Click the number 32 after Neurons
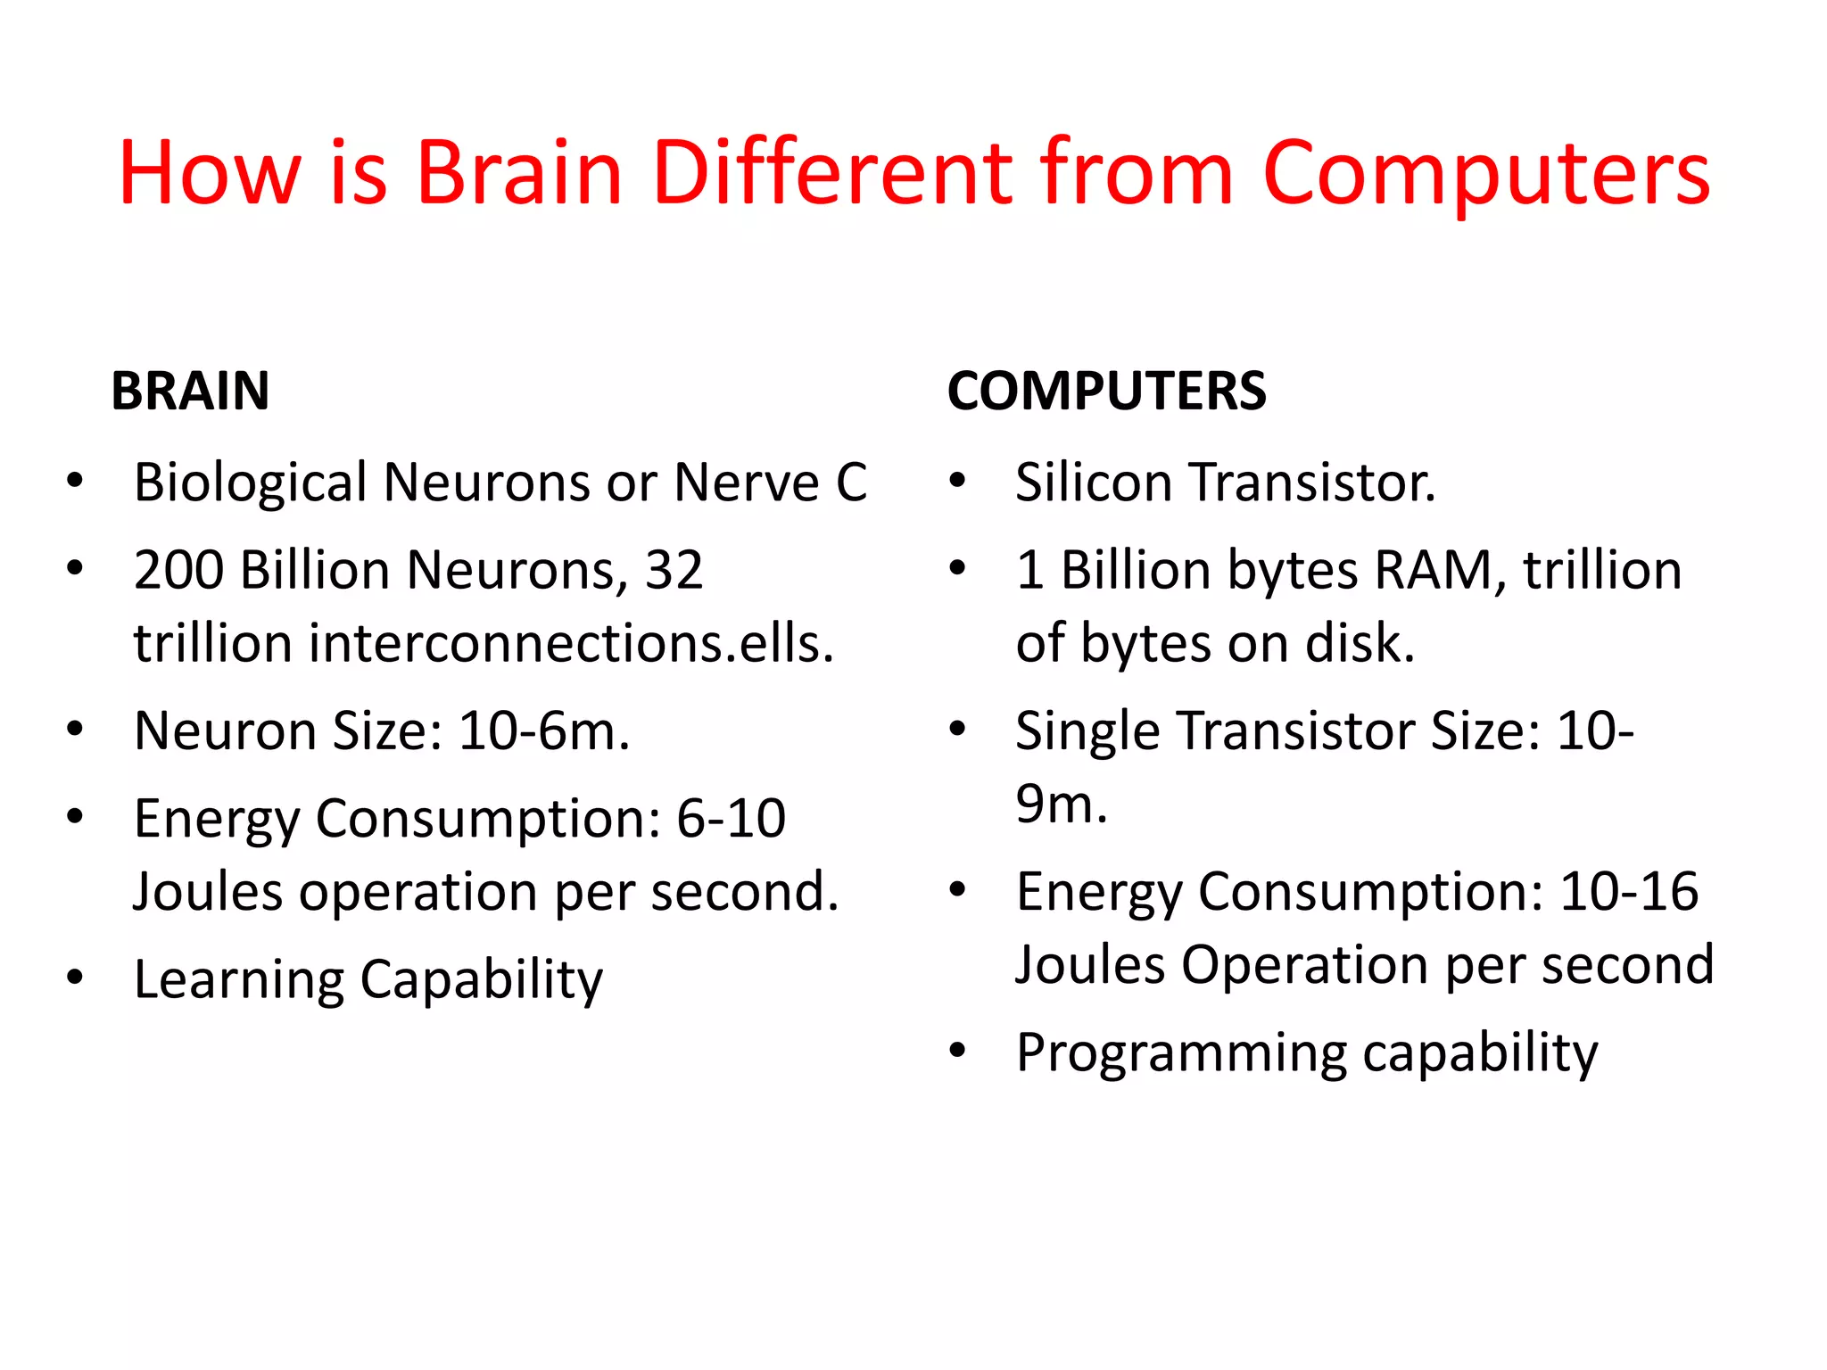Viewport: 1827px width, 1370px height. [x=674, y=570]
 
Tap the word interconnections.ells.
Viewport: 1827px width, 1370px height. [x=571, y=643]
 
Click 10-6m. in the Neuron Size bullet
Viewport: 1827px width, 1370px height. [x=544, y=731]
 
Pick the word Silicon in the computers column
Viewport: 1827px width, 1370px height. [x=1094, y=483]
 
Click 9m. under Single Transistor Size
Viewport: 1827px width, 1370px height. [x=1062, y=805]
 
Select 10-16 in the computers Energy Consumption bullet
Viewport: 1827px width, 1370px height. [x=1629, y=891]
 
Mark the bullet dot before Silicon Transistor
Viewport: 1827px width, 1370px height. [x=957, y=482]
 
